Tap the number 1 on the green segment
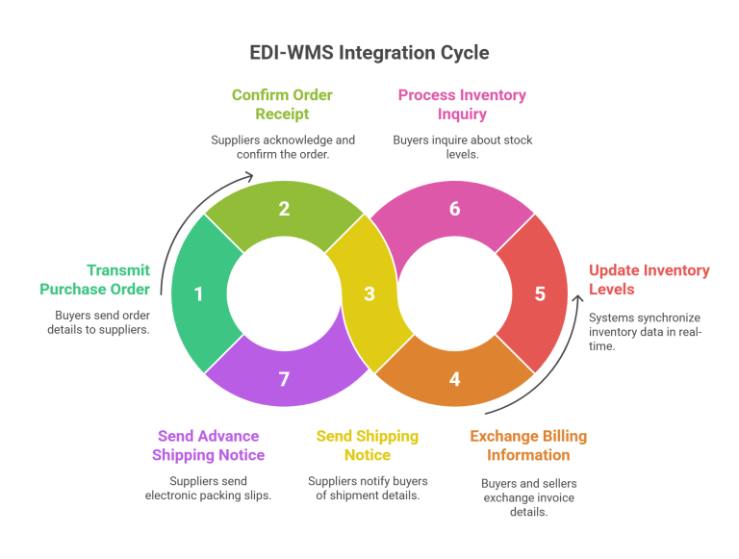[x=199, y=294]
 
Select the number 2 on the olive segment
[x=284, y=209]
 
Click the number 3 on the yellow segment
[x=369, y=294]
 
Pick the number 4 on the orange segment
[x=454, y=379]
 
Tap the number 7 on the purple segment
[x=284, y=379]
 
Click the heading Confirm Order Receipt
[x=283, y=104]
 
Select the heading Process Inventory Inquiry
[x=462, y=104]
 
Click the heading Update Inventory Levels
[x=649, y=280]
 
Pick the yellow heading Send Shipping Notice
[x=368, y=445]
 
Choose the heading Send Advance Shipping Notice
[x=208, y=445]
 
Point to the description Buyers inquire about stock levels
[x=462, y=146]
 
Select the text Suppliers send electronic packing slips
[x=208, y=488]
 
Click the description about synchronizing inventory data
[x=646, y=331]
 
